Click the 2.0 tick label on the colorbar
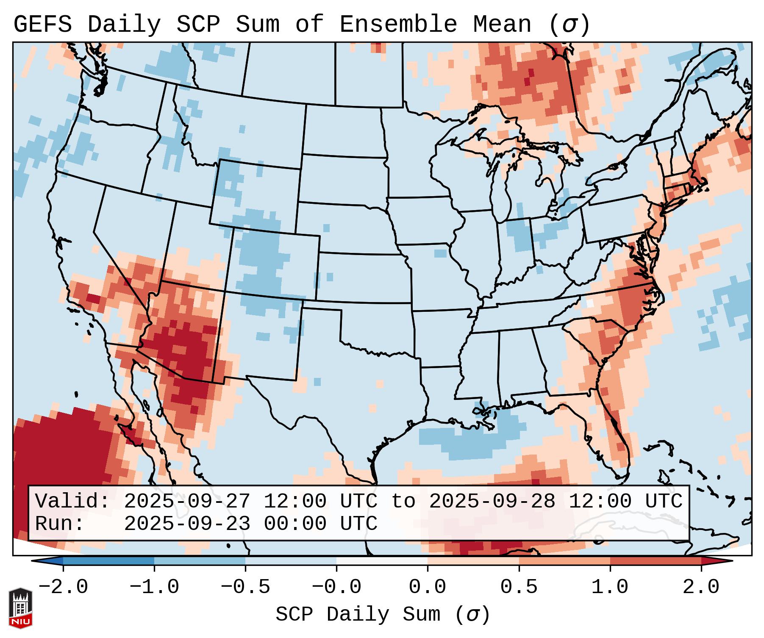701,587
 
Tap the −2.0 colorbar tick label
63,587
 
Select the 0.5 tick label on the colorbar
519,587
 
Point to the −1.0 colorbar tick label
154,587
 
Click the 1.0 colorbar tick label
610,587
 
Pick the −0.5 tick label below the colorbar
245,587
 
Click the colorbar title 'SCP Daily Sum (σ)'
382,615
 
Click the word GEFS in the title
42,25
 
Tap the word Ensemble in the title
398,25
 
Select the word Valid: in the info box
72,502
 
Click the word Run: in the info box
60,524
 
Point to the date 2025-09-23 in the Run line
187,524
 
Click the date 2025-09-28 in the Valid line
492,502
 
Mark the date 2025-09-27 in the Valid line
187,502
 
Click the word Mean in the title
502,25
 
